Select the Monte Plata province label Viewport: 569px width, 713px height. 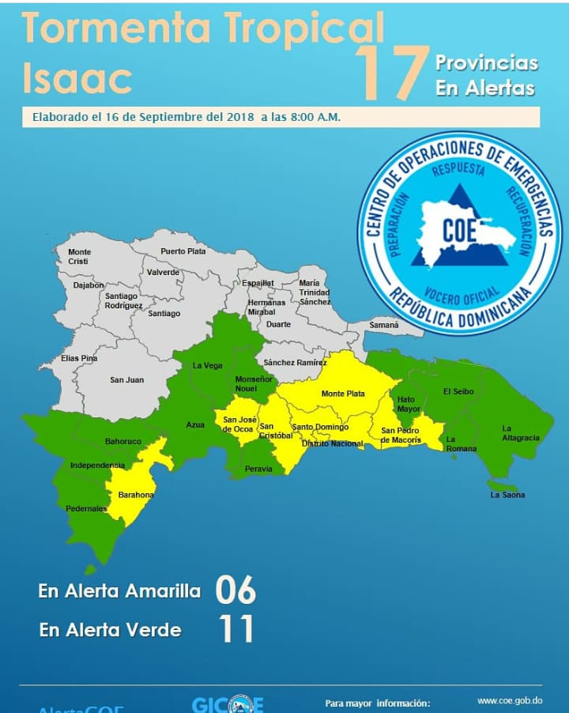[343, 394]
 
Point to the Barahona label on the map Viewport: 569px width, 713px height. [136, 495]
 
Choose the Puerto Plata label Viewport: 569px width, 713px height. [183, 251]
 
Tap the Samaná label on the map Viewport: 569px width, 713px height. [384, 325]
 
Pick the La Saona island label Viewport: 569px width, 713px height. [507, 495]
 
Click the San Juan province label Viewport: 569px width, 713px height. [126, 380]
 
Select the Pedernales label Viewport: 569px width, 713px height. [87, 509]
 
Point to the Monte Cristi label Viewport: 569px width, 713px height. [79, 257]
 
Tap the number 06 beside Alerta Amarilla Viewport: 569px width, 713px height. [236, 590]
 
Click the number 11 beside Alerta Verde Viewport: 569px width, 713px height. [236, 630]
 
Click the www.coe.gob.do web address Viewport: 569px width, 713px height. [510, 700]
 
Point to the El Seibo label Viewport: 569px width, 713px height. [458, 391]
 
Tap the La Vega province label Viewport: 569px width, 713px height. [209, 366]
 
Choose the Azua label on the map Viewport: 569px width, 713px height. [195, 424]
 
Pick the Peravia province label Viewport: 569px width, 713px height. [258, 469]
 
